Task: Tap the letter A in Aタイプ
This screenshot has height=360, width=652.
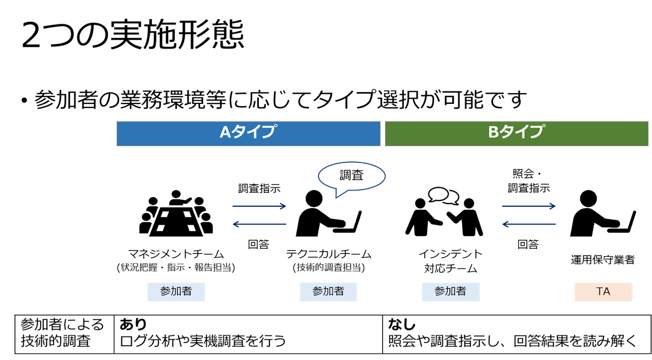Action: coord(226,132)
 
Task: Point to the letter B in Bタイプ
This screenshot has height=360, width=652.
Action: coord(494,132)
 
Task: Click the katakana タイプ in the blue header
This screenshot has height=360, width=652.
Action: coord(255,132)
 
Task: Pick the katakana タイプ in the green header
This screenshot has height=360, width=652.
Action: coord(523,132)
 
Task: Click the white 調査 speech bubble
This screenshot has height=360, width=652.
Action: coord(351,176)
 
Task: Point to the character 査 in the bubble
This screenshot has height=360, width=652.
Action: coord(358,176)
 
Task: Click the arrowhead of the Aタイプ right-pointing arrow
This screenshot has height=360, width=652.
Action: coord(283,206)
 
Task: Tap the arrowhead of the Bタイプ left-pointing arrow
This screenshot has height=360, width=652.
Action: coord(505,224)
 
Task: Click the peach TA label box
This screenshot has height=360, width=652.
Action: coord(603,292)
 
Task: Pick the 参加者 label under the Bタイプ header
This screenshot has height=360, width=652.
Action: coord(450,292)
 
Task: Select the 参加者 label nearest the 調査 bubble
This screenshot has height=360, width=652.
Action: coord(328,292)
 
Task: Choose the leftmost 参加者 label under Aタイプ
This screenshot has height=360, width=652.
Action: coord(176,292)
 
